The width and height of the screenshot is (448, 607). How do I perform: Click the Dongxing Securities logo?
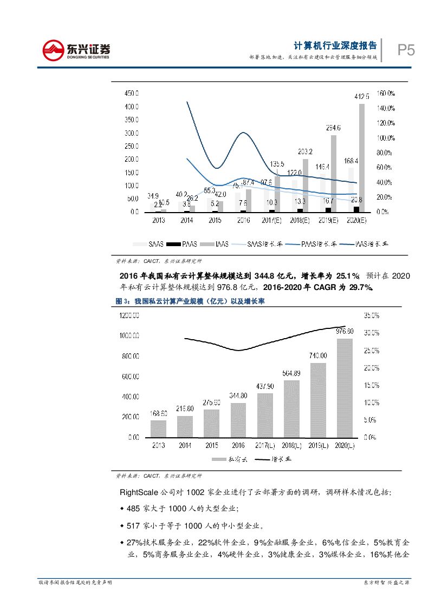[76, 50]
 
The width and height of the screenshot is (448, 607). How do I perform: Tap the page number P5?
[406, 51]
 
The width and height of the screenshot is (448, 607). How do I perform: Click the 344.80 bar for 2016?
[238, 420]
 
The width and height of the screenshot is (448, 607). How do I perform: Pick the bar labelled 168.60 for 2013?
[159, 428]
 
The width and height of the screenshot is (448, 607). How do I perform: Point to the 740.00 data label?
[318, 355]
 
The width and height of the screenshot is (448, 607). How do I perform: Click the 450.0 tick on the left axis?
[131, 93]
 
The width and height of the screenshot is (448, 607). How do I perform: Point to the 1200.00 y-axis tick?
[128, 315]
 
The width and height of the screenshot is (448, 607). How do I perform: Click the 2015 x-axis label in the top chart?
[214, 221]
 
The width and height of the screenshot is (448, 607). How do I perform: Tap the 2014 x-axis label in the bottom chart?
[185, 445]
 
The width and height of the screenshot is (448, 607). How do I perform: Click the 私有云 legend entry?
[230, 459]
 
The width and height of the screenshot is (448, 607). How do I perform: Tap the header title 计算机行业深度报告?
[335, 45]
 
